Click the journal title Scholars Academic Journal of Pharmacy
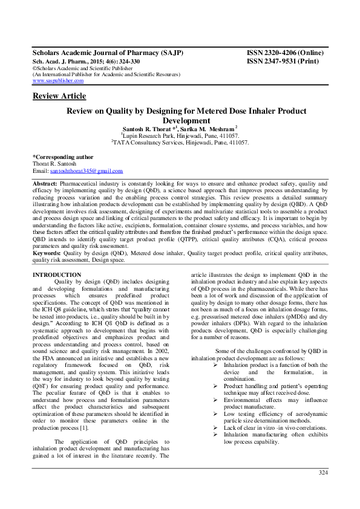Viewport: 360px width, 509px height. coord(107,53)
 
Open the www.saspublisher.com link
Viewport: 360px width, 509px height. coord(57,80)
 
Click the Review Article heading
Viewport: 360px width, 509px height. coord(59,96)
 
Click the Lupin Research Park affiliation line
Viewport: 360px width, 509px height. coord(180,137)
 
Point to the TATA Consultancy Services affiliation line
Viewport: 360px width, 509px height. coord(180,144)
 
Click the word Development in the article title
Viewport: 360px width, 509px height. coord(180,121)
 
